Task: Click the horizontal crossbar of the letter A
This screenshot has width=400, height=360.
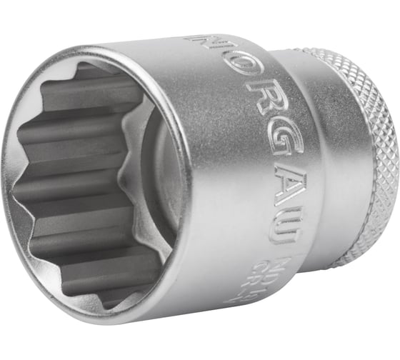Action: (275, 191)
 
